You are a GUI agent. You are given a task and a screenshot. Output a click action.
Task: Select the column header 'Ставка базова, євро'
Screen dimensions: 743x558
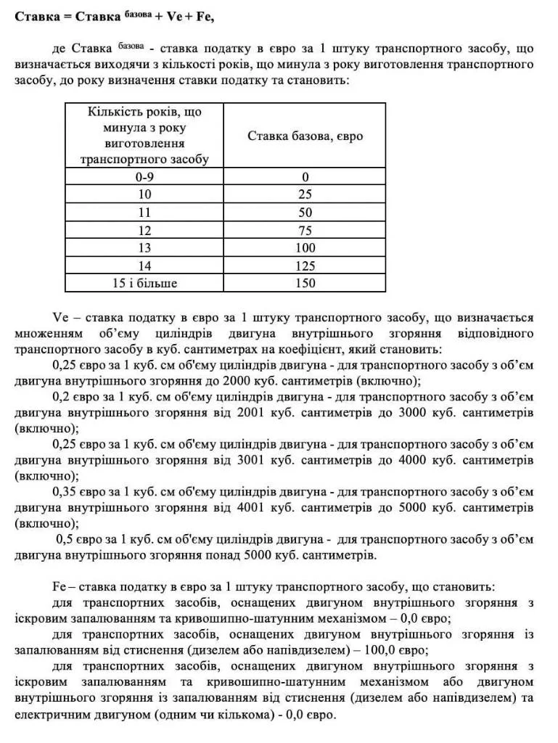(305, 136)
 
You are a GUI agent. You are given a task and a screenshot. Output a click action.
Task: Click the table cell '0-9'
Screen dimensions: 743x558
(144, 177)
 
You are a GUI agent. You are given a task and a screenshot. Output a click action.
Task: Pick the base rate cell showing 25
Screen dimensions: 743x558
(305, 194)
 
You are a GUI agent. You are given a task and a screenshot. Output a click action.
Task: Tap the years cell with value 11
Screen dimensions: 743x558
(144, 213)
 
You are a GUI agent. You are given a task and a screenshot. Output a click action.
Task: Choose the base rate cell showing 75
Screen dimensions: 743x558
(305, 230)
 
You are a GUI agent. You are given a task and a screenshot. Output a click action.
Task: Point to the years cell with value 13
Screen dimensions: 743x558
(144, 248)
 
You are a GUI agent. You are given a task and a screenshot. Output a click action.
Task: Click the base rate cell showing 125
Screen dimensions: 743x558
(305, 266)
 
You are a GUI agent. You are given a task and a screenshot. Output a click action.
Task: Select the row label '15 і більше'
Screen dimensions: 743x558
(144, 283)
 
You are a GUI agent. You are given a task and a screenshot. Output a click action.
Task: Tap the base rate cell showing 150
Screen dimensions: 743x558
(305, 283)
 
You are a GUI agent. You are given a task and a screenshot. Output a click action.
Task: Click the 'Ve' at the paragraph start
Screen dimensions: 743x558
(60, 318)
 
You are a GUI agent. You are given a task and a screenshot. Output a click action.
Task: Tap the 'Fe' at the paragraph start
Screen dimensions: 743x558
(60, 586)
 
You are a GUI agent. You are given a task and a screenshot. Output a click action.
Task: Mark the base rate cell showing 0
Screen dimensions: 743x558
(305, 177)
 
